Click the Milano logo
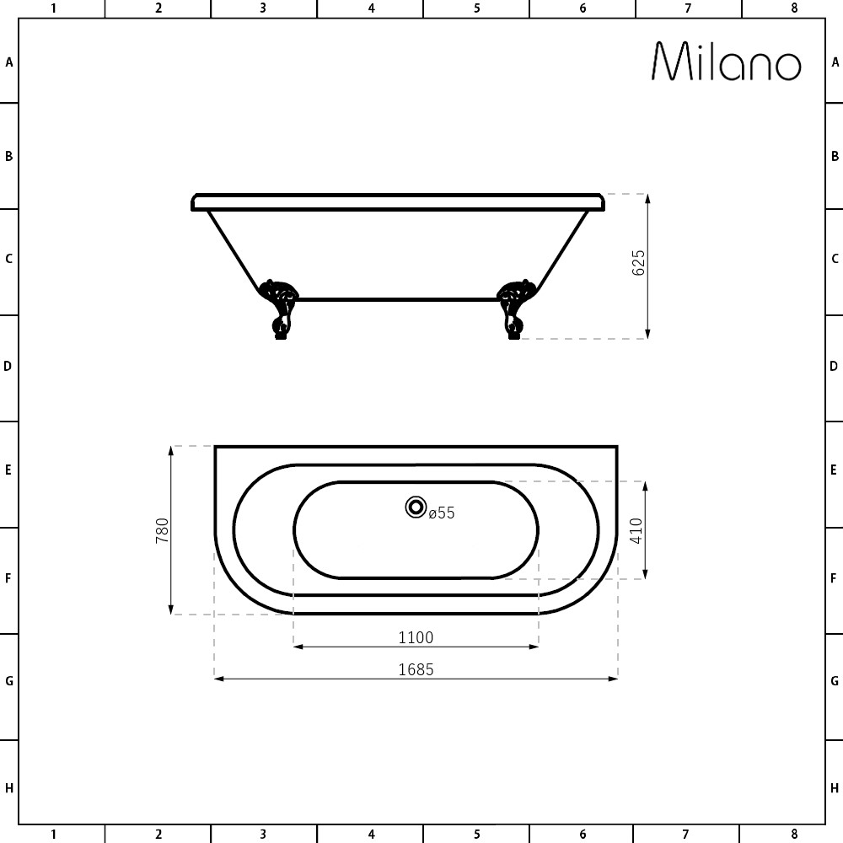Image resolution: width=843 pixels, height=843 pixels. pyautogui.click(x=727, y=62)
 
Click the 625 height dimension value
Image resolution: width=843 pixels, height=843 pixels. pyautogui.click(x=638, y=263)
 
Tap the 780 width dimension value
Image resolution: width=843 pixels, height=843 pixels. pyautogui.click(x=162, y=530)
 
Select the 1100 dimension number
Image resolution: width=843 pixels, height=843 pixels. pyautogui.click(x=416, y=637)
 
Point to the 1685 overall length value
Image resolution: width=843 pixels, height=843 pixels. pyautogui.click(x=416, y=670)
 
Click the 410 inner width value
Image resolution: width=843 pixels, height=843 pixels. pyautogui.click(x=636, y=530)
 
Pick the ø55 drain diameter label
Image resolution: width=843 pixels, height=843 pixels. pyautogui.click(x=442, y=513)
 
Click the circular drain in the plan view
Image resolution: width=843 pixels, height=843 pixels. pyautogui.click(x=416, y=507)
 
